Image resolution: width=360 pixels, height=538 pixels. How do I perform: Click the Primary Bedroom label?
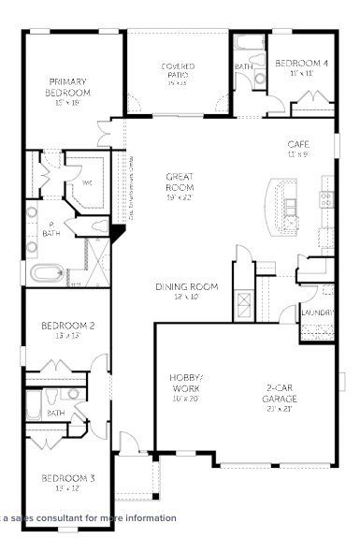68,87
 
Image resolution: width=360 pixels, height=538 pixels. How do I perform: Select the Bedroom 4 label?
301,63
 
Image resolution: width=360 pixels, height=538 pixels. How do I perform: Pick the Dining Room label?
187,286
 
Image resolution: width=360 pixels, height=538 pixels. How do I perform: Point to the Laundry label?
312,313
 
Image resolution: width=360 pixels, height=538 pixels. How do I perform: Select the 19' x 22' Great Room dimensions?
180,197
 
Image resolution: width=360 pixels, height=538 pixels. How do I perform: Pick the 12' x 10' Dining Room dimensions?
187,297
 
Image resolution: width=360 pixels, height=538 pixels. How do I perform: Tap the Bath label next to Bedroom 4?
244,66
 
